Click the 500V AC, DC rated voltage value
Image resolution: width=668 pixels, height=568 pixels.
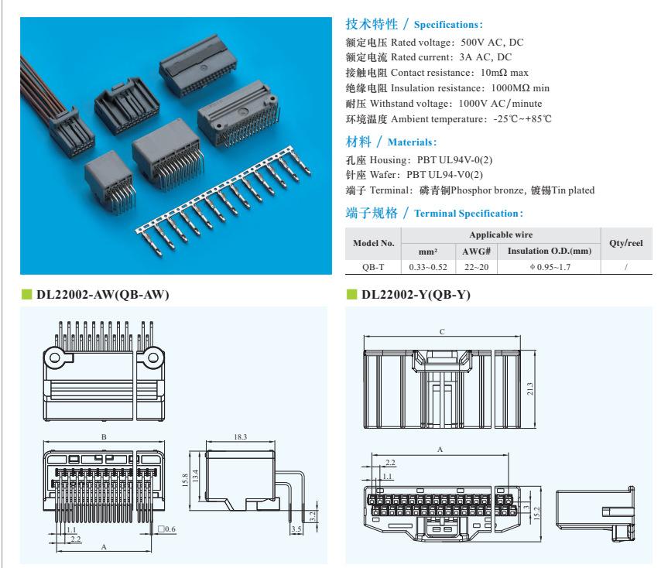coord(492,43)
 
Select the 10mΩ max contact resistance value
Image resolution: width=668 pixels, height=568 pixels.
coord(505,73)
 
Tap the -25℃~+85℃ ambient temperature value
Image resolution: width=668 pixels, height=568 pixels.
coord(522,119)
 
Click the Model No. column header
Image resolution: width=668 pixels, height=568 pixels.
coord(373,243)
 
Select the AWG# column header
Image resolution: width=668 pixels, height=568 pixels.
coord(476,251)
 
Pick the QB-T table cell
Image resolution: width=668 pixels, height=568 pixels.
coord(373,267)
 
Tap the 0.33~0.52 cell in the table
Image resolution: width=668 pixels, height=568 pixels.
coord(428,267)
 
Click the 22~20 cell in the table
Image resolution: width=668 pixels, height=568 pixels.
coord(476,267)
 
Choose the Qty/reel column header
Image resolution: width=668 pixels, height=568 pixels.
coord(626,243)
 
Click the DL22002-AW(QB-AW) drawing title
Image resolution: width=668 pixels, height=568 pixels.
coord(103,295)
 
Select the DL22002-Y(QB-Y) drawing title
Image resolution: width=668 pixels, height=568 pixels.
coord(416,295)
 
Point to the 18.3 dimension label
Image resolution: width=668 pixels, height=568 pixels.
coord(240,437)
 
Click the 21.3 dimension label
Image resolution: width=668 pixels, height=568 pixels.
coord(529,388)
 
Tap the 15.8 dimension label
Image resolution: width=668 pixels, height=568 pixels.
coord(185,481)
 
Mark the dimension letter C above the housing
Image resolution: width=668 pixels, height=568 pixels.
coord(442,332)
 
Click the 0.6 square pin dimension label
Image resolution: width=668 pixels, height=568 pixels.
coord(167,529)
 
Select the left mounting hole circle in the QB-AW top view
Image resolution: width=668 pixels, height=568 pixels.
coord(55,358)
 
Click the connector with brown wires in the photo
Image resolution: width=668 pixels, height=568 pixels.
coord(70,130)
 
